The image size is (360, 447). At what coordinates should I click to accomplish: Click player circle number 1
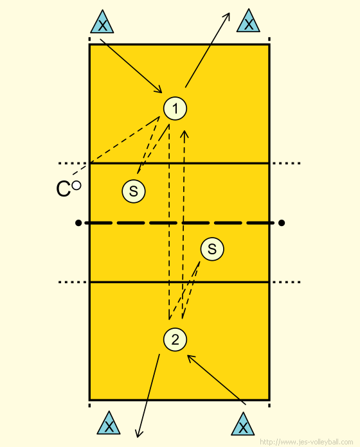coord(175,109)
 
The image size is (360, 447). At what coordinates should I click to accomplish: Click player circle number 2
coord(175,339)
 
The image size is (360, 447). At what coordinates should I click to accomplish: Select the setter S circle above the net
coord(134,191)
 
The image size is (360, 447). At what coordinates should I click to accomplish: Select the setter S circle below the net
coord(212,249)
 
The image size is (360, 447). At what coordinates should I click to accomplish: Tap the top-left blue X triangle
coord(102,23)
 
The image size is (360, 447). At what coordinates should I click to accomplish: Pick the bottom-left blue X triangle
coord(109,425)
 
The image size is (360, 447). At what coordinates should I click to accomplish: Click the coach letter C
coord(63,189)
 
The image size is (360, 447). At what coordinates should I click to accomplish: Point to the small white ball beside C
coord(76,186)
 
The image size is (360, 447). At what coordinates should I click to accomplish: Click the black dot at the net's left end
coord(78,223)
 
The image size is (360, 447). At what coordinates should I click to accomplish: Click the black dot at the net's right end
coord(282,223)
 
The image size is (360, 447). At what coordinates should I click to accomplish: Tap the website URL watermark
coord(307,442)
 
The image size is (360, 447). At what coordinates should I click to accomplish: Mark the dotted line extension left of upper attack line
coord(72,163)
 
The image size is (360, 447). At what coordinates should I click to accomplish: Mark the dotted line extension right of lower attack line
coord(287,282)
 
